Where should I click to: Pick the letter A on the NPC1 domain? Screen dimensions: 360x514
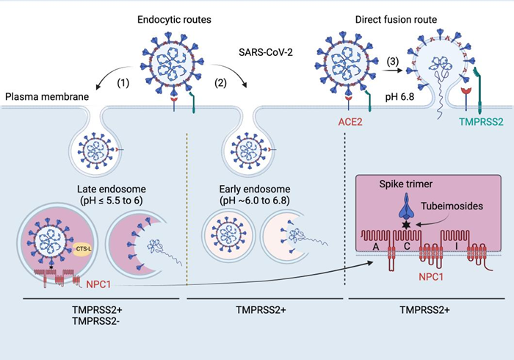pos(374,247)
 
